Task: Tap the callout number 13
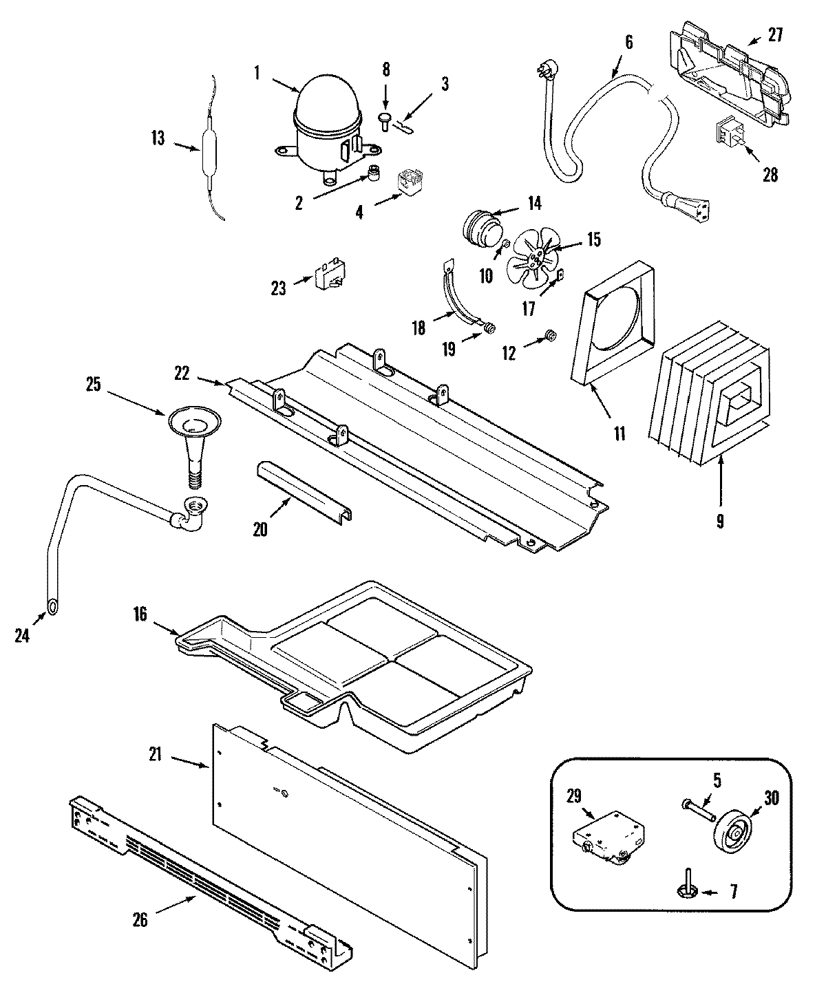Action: [158, 139]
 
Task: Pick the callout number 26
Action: [140, 919]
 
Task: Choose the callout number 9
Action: [719, 522]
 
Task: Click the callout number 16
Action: [140, 614]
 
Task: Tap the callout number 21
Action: [155, 755]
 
